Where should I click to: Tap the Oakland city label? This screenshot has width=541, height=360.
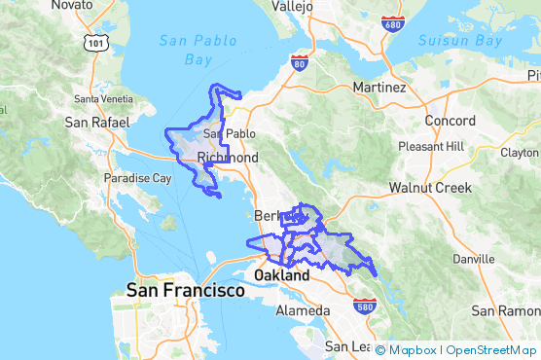[x=281, y=275]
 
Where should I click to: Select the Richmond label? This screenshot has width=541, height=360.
[x=228, y=158]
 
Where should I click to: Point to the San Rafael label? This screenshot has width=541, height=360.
[x=91, y=123]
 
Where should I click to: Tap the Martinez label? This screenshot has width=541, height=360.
[x=380, y=88]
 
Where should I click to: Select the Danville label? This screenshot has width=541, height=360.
[x=473, y=259]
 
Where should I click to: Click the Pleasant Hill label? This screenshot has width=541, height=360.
[x=432, y=146]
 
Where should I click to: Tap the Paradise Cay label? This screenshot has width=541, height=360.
[x=138, y=179]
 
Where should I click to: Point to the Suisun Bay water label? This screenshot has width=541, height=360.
[x=460, y=41]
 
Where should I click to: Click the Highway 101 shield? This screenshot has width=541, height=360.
[x=95, y=42]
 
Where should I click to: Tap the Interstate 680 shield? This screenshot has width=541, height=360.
[x=393, y=22]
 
